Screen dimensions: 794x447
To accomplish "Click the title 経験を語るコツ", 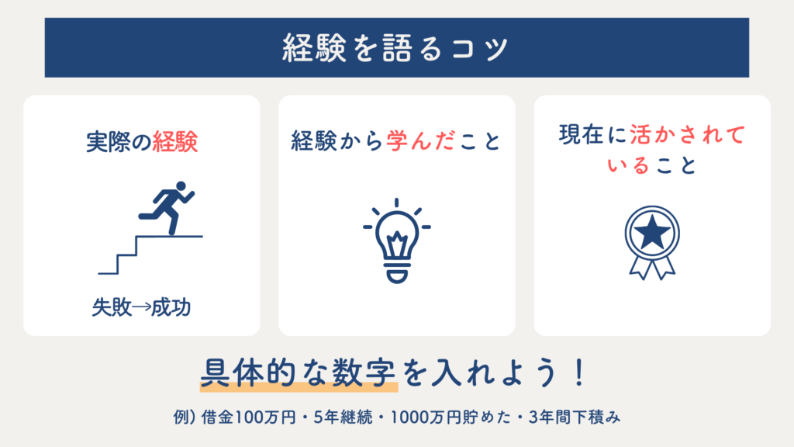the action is pos(395,48).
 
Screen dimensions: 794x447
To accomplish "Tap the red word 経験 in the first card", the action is pos(174,141).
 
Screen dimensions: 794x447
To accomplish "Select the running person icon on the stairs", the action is pos(167,208).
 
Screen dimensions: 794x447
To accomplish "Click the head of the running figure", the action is pos(180,186).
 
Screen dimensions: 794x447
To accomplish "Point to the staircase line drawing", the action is pos(150,255).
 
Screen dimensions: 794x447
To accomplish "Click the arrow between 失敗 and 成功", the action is pos(141,307).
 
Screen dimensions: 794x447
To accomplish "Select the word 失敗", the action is pos(112,307).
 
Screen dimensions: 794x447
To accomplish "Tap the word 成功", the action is pos(171,307).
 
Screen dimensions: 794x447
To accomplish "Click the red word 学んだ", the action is pos(421,140).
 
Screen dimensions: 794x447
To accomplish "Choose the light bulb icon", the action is pos(397,241).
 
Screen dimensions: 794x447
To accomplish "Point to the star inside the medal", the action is pos(652,233).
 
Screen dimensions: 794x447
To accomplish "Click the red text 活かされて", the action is pos(688,135).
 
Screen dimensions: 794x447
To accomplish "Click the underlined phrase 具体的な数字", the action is pos(298,372).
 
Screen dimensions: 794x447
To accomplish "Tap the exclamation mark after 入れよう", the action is pos(579,372).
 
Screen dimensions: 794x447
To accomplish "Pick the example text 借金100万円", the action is pos(248,417).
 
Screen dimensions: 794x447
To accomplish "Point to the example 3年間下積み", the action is pos(575,417).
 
